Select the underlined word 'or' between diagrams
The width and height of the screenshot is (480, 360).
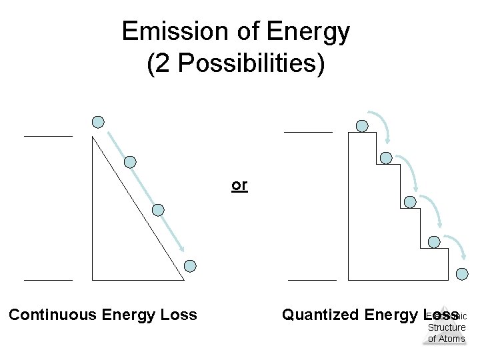pos(239,185)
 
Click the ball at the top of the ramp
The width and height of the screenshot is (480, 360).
pos(98,122)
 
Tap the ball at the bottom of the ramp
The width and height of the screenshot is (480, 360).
pos(190,266)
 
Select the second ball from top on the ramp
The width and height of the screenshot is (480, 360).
pos(131,162)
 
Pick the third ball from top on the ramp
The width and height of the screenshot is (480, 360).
pos(158,210)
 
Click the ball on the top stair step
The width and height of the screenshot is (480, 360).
pos(362,125)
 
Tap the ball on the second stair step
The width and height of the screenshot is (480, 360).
pos(386,158)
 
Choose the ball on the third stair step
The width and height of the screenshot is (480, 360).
pos(411,202)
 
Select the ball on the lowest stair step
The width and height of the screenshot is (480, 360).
pos(434,242)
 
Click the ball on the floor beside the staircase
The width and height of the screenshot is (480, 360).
pos(462,274)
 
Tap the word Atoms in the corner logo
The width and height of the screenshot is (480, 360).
pos(447,339)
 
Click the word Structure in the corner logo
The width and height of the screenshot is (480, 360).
pos(447,327)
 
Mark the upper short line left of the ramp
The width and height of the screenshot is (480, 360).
pos(48,136)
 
